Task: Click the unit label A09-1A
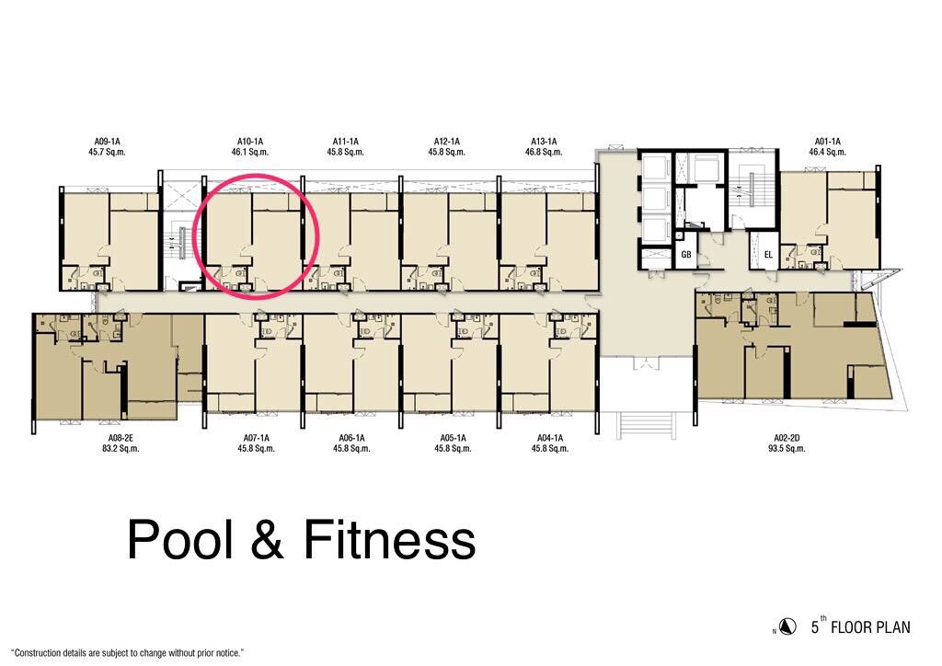coord(107,142)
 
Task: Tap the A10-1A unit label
coord(250,142)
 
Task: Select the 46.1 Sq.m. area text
coord(250,152)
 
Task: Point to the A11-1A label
coord(346,142)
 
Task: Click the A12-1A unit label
coord(447,142)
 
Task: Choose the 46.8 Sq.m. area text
coord(544,152)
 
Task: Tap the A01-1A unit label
coord(827,142)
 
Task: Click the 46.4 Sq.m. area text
coord(827,152)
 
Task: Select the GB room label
coord(686,255)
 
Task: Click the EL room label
coord(768,255)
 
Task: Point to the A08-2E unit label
coord(121,438)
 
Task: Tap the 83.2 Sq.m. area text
coord(121,448)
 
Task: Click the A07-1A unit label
coord(256,438)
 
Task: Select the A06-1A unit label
coord(351,438)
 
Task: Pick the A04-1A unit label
coord(550,438)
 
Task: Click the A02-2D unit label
coord(786,438)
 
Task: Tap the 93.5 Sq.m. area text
coord(786,448)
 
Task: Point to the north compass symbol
coord(787,626)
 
